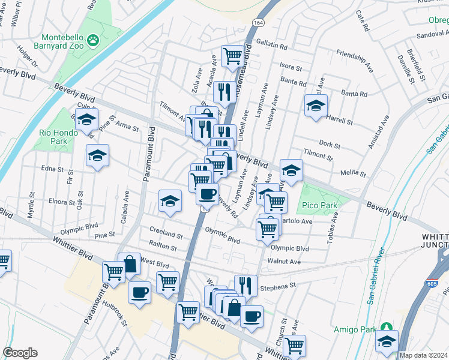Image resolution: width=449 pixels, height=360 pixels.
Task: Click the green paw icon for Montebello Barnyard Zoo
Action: [x=93, y=40]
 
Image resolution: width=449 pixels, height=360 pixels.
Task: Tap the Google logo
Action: [x=20, y=353]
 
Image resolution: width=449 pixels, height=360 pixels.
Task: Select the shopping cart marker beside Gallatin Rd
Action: [x=232, y=56]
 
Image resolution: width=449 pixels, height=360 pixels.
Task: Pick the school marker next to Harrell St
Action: [x=316, y=106]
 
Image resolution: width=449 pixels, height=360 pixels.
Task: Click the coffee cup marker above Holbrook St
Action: [x=139, y=292]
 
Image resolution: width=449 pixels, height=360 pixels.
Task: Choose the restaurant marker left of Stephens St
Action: [x=246, y=284]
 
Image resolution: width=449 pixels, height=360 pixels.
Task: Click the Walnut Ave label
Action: [x=285, y=261]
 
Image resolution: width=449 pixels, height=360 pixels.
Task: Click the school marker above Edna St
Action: [x=97, y=155]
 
